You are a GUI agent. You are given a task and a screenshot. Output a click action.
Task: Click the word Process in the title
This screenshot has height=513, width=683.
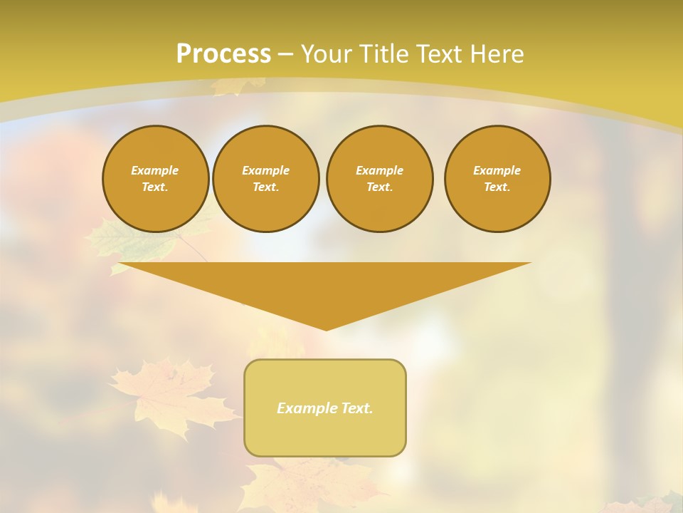click(223, 54)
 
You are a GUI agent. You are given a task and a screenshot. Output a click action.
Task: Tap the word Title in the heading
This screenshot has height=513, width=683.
click(387, 54)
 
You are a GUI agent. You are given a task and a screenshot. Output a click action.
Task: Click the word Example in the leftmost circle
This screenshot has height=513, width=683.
click(155, 170)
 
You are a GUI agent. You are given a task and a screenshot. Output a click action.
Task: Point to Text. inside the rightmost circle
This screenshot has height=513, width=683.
click(497, 187)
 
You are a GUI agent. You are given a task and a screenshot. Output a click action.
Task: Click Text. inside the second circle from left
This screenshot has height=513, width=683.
click(265, 187)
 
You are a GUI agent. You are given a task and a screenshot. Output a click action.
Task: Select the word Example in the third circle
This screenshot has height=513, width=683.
click(379, 170)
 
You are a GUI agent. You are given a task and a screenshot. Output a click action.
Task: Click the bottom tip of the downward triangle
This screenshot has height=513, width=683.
click(326, 328)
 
